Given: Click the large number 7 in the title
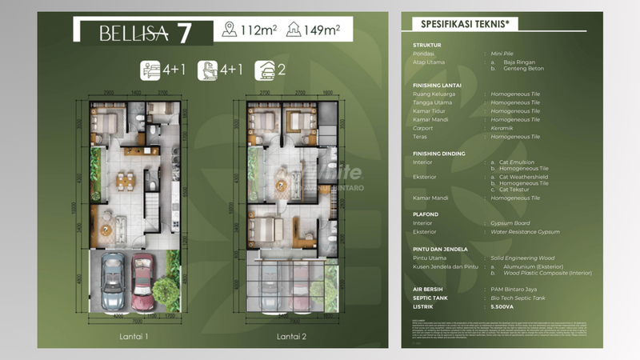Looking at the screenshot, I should click(x=184, y=33).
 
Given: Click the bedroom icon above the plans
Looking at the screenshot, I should click(x=150, y=70).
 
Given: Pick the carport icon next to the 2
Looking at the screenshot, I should click(x=265, y=70).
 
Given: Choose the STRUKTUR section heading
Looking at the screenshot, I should click(x=427, y=46).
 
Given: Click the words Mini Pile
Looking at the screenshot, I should click(x=502, y=54).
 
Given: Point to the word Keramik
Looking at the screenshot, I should click(x=506, y=128).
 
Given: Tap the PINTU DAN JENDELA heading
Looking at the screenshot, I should click(x=442, y=249).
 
